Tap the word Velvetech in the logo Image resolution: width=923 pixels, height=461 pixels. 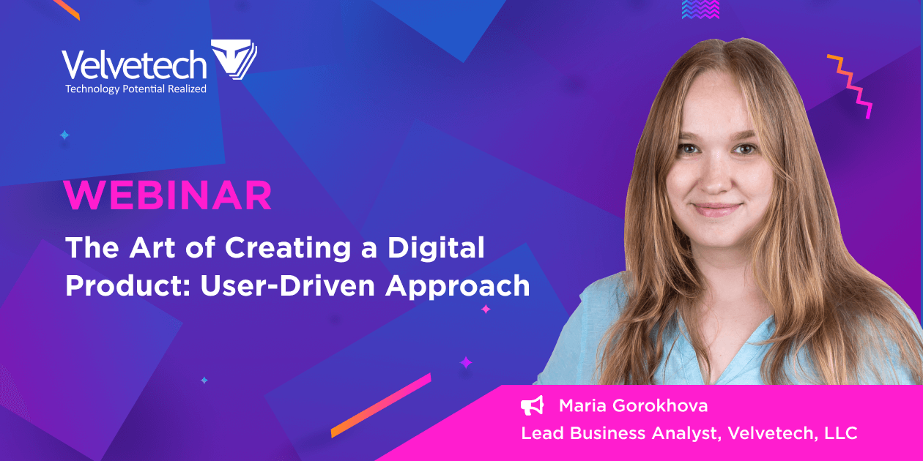pyautogui.click(x=134, y=65)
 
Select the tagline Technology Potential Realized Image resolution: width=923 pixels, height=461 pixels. pyautogui.click(x=136, y=89)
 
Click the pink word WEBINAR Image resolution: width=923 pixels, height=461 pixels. pyautogui.click(x=168, y=195)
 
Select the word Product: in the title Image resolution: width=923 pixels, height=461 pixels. pyautogui.click(x=125, y=285)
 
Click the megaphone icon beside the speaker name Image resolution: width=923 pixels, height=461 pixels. pyautogui.click(x=533, y=405)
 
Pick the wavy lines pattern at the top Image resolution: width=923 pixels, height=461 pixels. pyautogui.click(x=700, y=9)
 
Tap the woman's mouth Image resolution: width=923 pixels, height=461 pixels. pyautogui.click(x=716, y=209)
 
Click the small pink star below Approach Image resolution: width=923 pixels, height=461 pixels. pyautogui.click(x=485, y=310)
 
